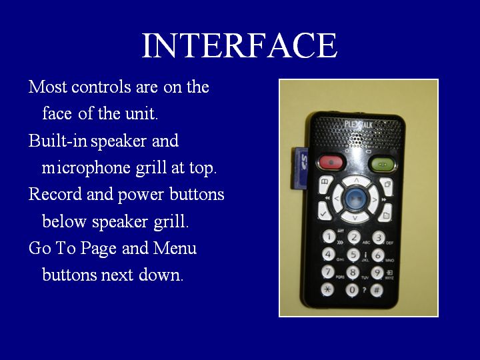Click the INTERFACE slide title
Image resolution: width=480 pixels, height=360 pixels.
pos(239,45)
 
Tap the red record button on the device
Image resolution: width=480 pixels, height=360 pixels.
pos(331,162)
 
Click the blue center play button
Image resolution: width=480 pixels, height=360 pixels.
pos(355,199)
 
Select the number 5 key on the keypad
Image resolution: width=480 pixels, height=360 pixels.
pos(353,255)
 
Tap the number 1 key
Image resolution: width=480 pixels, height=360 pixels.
pos(329,237)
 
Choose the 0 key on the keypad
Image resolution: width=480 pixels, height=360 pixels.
pos(352,289)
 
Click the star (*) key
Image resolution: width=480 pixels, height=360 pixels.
pos(327,289)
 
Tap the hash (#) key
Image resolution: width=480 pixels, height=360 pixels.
pos(377,290)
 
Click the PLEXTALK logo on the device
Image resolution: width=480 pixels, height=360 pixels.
pos(359,124)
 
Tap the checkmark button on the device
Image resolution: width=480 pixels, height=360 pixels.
pos(324,211)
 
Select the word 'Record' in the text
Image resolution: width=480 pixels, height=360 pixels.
pos(55,194)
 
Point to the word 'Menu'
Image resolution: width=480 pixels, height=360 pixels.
pos(175,247)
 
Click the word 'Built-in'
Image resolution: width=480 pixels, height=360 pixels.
pos(57,141)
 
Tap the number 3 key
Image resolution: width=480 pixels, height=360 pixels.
pos(379,237)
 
